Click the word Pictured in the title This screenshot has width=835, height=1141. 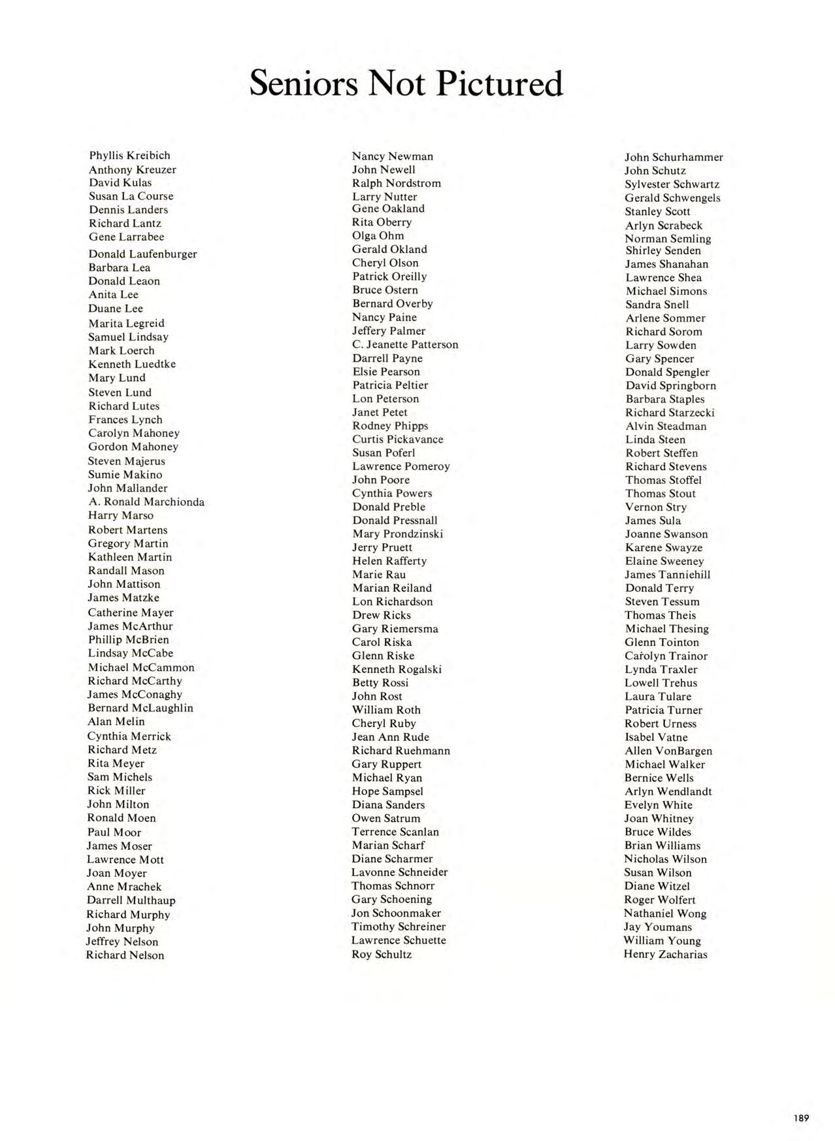pos(498,84)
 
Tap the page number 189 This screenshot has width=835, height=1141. pos(801,1117)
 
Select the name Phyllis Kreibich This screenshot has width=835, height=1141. pos(129,156)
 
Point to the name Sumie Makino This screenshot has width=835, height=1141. pos(125,475)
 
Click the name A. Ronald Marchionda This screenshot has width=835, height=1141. pos(146,502)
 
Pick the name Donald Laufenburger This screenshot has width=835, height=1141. pos(142,254)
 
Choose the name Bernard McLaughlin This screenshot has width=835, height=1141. pos(140,708)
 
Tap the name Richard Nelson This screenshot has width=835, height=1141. pos(125,955)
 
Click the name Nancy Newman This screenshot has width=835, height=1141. pos(392,156)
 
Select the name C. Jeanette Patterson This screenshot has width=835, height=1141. pos(405,345)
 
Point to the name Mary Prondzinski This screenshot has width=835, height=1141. pos(397,534)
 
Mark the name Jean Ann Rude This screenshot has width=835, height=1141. pos(390,737)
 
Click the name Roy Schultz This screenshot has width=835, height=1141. pos(382,954)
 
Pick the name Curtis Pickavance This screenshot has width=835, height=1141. pos(397,439)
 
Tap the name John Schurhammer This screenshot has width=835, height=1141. pos(674,158)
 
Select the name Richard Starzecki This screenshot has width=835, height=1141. pos(670,413)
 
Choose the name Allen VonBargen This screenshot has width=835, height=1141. pos(668,751)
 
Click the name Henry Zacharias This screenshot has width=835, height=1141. pos(665,954)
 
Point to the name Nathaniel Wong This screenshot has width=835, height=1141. pos(664,913)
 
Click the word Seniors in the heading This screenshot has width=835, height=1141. pos(304,84)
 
